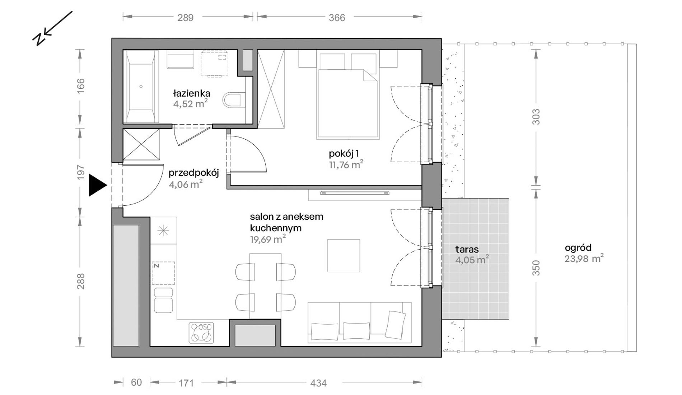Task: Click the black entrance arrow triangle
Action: click(96, 185)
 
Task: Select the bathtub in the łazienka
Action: click(141, 87)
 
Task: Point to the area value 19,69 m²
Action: click(268, 239)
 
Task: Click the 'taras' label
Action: click(467, 249)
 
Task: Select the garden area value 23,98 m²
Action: click(584, 259)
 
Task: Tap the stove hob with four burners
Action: click(201, 333)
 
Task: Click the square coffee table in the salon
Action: click(344, 256)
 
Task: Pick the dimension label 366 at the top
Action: click(337, 18)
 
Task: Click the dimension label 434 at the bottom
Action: click(318, 383)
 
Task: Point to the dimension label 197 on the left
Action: click(81, 172)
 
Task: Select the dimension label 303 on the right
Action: click(536, 117)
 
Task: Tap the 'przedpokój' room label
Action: click(194, 173)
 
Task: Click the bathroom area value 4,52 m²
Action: click(191, 104)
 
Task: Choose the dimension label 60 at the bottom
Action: click(136, 382)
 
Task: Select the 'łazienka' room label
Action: click(192, 93)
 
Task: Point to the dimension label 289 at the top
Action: click(185, 18)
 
